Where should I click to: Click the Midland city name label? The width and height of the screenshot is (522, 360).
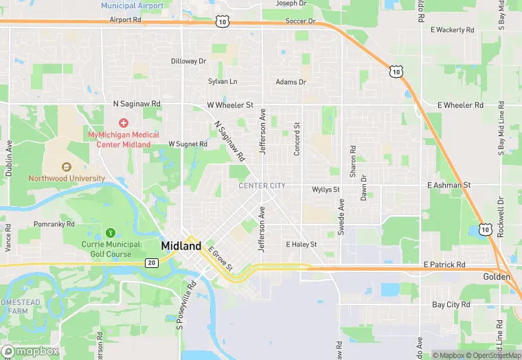click(x=181, y=246)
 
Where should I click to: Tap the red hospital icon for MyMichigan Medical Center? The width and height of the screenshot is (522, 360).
click(x=124, y=123)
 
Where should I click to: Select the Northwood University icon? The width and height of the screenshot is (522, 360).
click(x=67, y=167)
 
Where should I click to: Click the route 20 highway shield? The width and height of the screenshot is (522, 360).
click(x=152, y=262)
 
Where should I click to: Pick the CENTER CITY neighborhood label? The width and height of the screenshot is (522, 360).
click(x=262, y=185)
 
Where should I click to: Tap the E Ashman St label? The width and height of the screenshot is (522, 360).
click(x=449, y=185)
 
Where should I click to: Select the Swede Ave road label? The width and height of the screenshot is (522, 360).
click(x=341, y=217)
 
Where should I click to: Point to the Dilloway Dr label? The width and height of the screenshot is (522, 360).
click(x=188, y=61)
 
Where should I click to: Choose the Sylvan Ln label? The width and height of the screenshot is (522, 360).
click(x=223, y=81)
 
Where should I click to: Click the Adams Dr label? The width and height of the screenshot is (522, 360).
click(x=291, y=82)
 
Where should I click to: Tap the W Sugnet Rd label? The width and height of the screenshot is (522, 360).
click(x=188, y=144)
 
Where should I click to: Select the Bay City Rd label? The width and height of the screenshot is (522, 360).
click(x=451, y=304)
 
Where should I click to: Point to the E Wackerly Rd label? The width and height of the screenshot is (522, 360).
click(x=452, y=30)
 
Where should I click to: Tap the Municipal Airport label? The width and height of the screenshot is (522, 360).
click(x=132, y=5)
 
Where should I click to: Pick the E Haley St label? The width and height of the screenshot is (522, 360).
click(x=301, y=244)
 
